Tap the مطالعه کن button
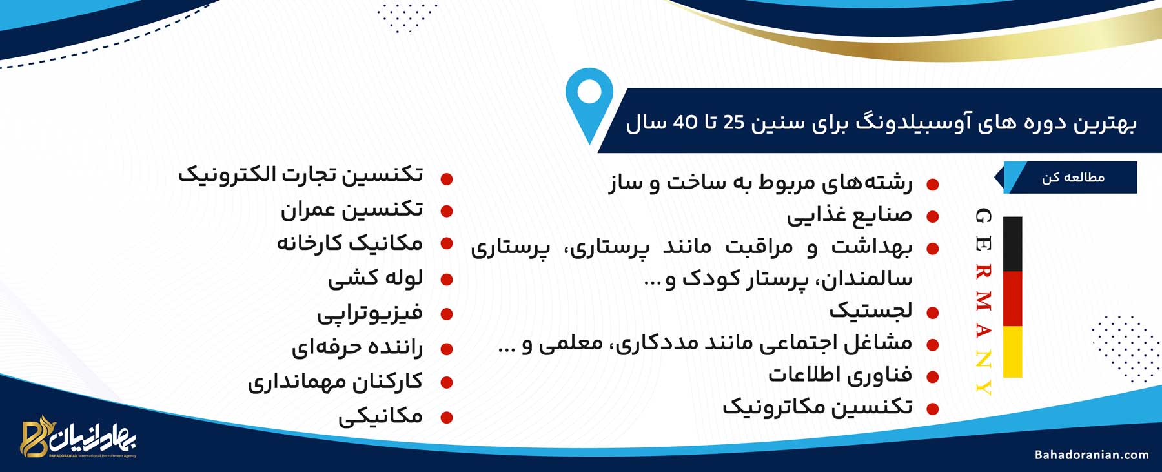coord(1071,178)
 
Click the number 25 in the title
coord(733,122)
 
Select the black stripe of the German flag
coord(1012,243)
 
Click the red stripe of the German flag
coord(1012,298)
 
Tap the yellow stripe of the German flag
coord(1012,352)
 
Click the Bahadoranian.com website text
coord(1092,455)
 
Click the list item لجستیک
coord(871,310)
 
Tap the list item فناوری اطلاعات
coord(840,375)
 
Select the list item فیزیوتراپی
coord(369,313)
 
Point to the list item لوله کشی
coord(375,278)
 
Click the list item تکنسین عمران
coord(352,209)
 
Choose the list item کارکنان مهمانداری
coord(335,382)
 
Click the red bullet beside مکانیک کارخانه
coord(446,243)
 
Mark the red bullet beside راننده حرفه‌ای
coord(446,349)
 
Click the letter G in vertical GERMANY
coord(983,217)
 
